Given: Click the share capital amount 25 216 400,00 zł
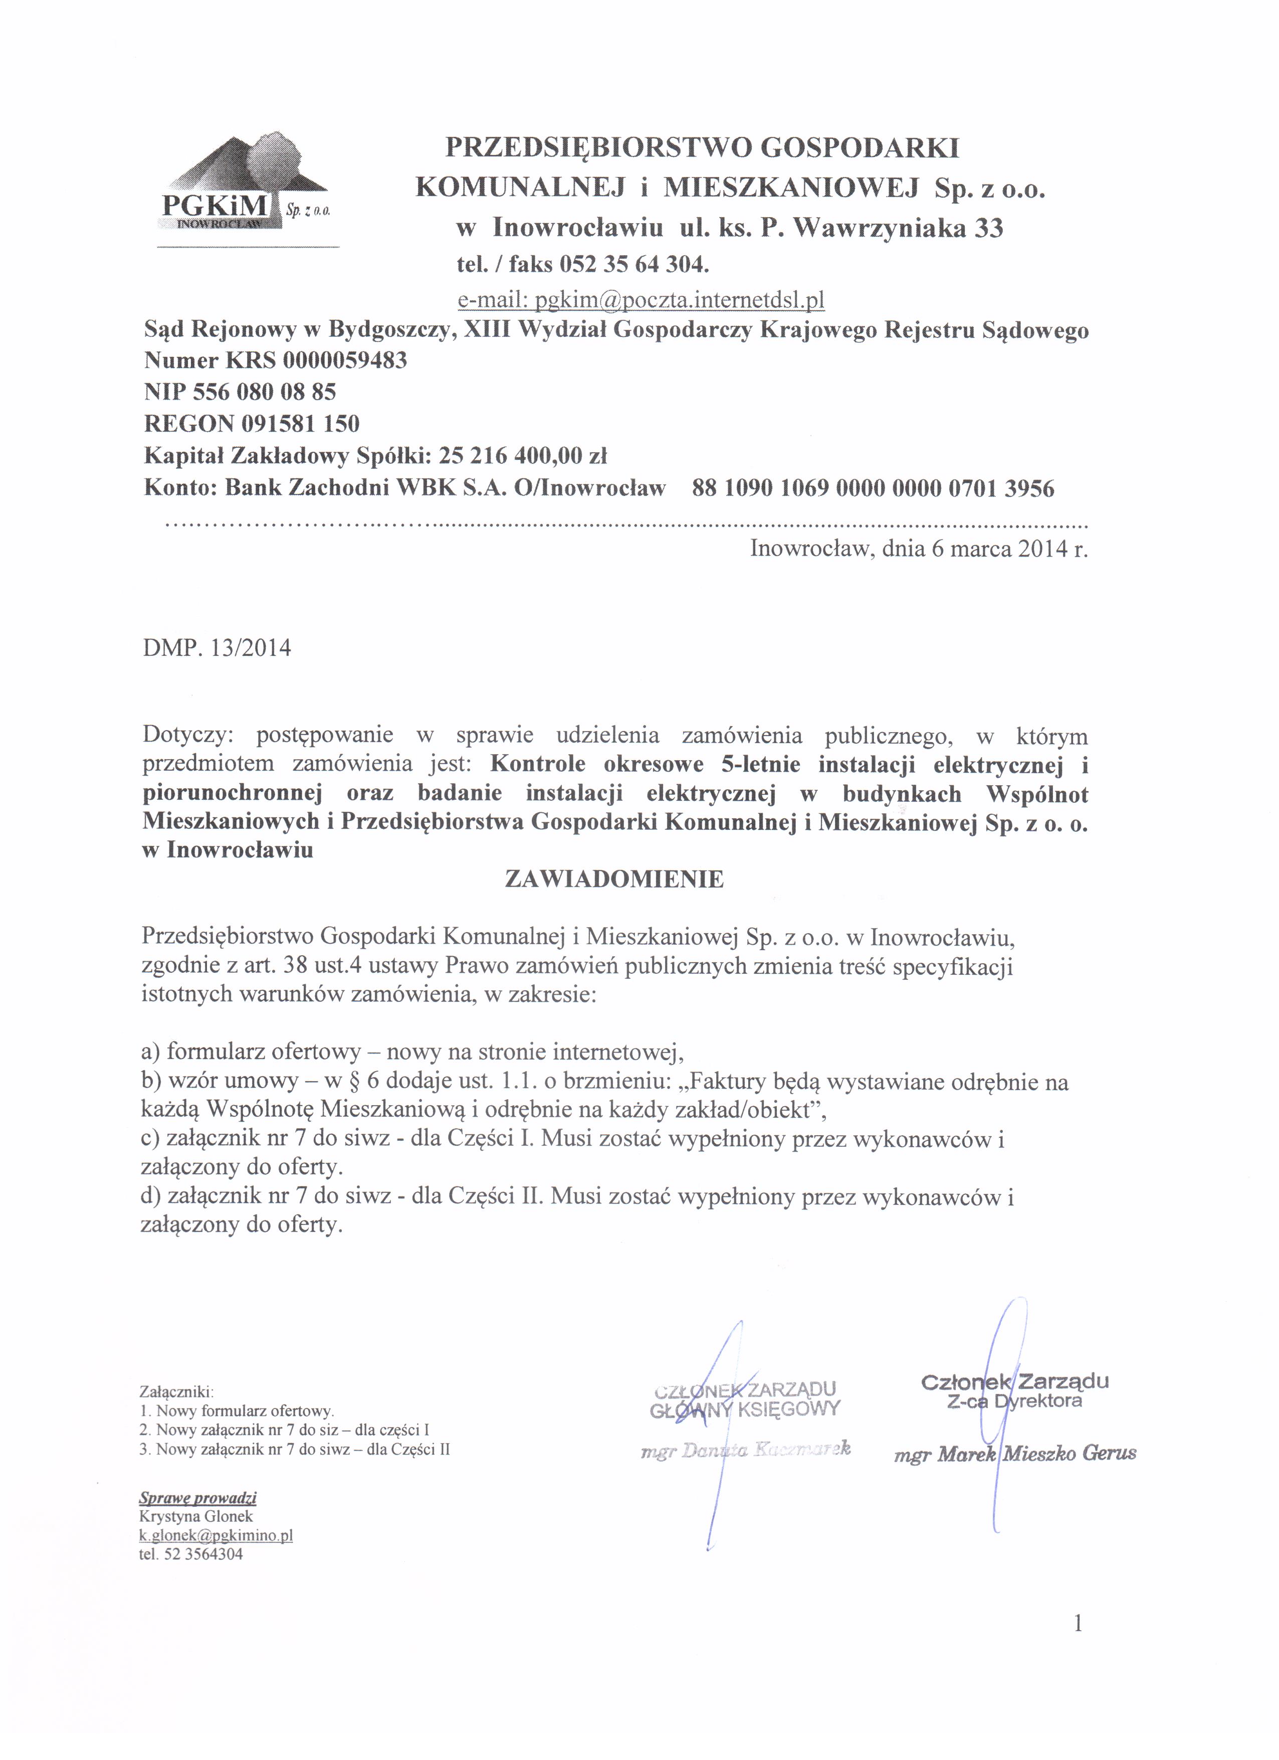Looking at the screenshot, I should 523,455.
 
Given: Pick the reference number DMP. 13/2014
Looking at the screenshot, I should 217,647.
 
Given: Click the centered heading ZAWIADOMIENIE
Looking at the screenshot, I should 614,878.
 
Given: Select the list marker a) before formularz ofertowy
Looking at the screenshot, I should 151,1052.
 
